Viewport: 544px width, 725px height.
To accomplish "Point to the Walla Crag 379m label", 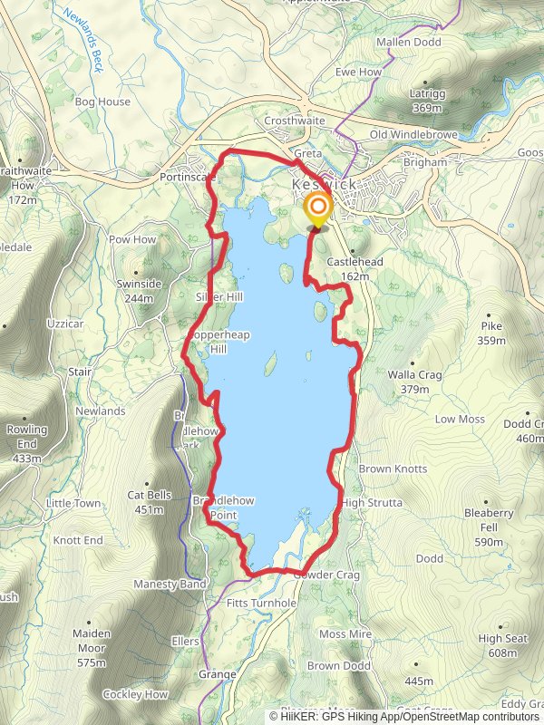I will (407, 381).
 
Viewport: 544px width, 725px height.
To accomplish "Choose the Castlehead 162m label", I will (347, 268).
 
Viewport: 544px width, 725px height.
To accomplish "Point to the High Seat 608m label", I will (502, 645).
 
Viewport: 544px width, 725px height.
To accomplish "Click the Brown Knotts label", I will (393, 469).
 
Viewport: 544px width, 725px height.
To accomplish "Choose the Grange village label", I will (217, 674).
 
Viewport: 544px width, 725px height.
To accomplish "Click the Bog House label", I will (102, 102).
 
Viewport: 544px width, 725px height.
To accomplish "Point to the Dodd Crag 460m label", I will (523, 431).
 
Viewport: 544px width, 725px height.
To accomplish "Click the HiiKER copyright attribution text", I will (409, 716).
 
